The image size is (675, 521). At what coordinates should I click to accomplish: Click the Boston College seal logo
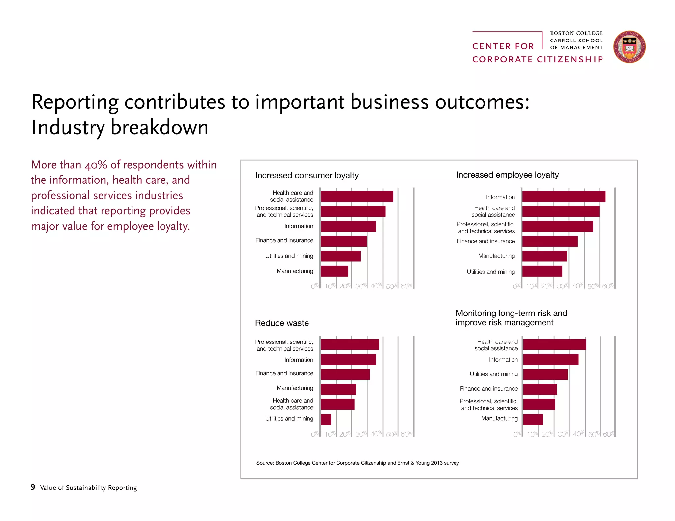[x=629, y=47]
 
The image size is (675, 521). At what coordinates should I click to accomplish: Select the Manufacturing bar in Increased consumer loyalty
[x=334, y=271]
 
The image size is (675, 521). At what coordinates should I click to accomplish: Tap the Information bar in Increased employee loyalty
[x=564, y=196]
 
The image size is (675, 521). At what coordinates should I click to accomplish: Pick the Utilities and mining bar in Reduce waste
[x=326, y=419]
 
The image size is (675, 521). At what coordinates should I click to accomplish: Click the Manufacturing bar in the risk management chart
[x=533, y=419]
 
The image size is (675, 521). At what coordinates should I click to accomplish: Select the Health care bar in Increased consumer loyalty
[x=357, y=196]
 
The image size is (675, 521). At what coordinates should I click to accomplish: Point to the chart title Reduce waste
[x=282, y=323]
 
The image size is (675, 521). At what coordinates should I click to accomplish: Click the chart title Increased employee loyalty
[x=507, y=175]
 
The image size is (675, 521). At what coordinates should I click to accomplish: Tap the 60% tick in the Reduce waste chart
[x=406, y=434]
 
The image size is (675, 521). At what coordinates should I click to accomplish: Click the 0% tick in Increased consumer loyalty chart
[x=315, y=286]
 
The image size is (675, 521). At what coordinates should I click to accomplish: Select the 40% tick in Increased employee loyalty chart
[x=577, y=286]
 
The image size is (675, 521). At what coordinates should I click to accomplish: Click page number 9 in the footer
[x=33, y=487]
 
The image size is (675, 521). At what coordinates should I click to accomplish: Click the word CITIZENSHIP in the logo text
[x=570, y=59]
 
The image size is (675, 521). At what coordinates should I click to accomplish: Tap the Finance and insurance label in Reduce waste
[x=284, y=373]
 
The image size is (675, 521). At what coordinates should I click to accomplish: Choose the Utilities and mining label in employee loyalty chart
[x=490, y=272]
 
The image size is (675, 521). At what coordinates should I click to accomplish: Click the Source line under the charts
[x=357, y=463]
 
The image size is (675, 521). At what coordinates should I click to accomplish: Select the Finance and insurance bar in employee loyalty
[x=550, y=241]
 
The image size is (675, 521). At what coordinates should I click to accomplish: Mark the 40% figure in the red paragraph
[x=96, y=165]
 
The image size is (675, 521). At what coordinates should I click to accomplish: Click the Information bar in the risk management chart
[x=551, y=359]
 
